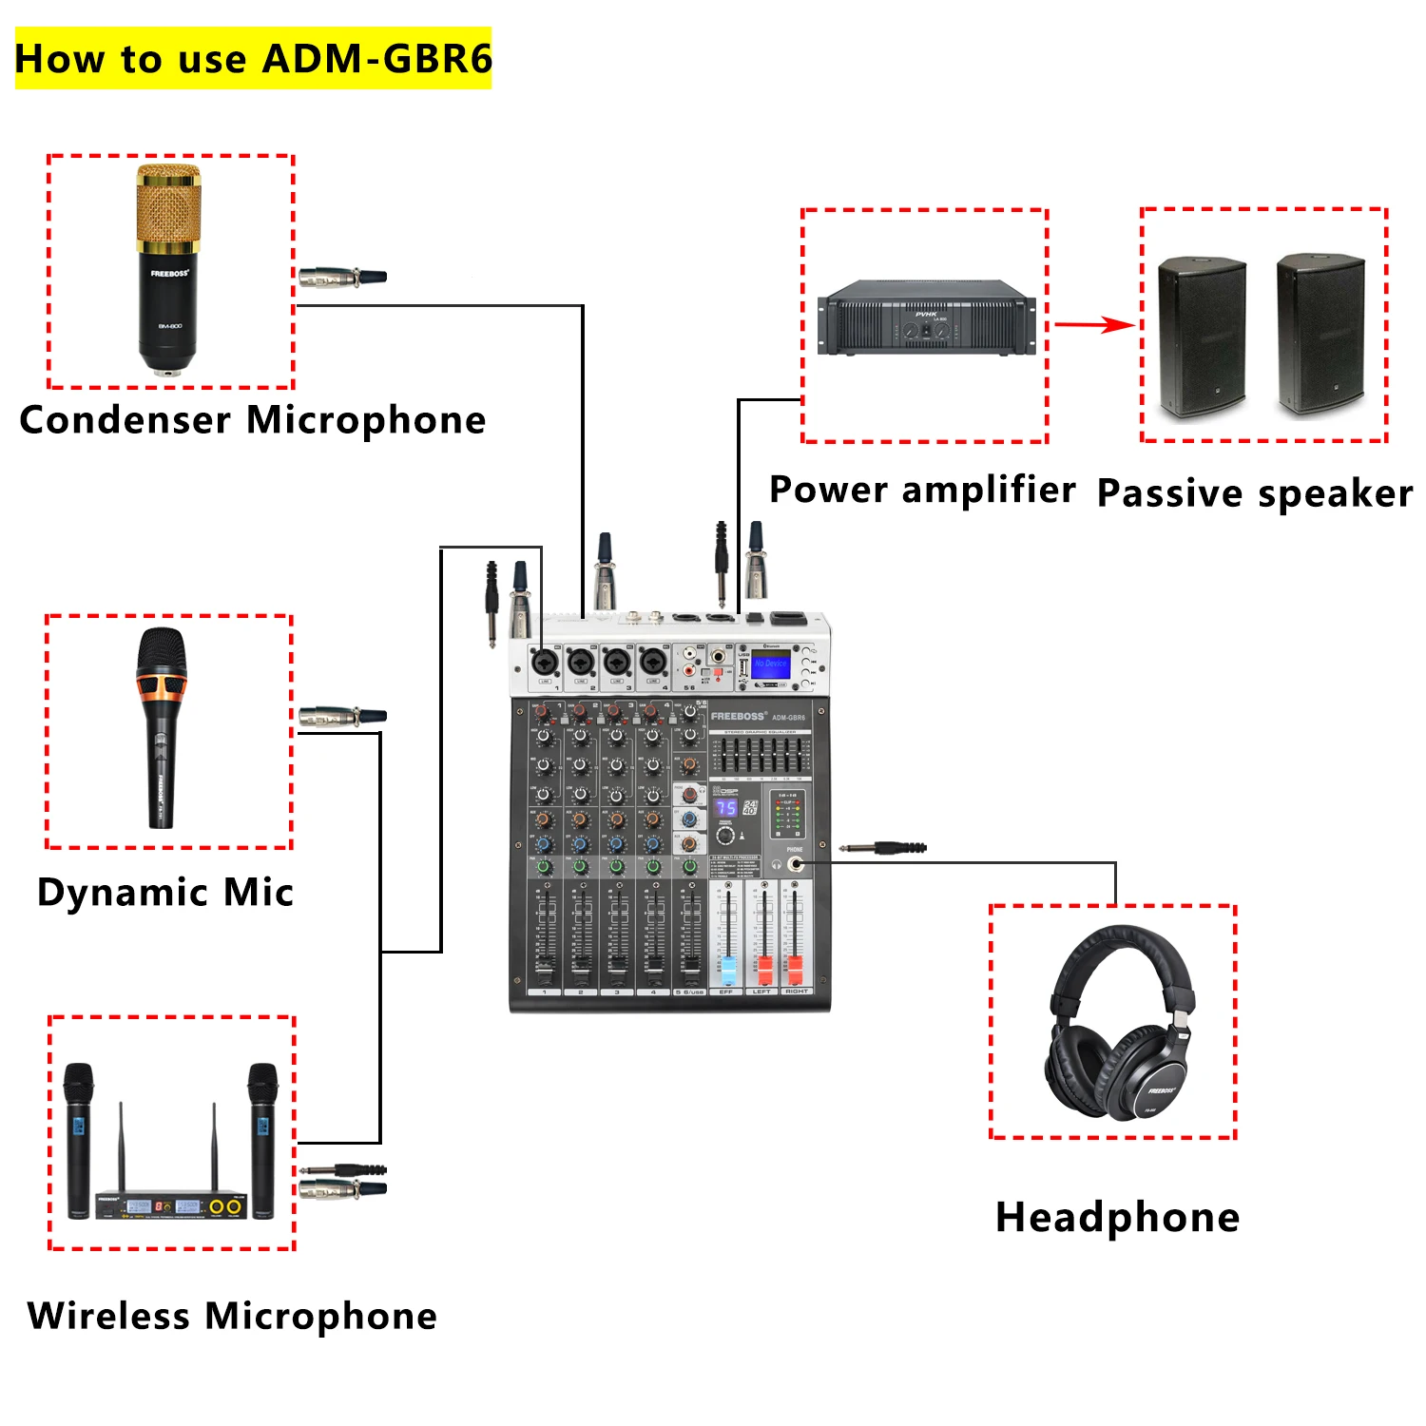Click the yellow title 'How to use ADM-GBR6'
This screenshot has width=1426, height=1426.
click(x=253, y=59)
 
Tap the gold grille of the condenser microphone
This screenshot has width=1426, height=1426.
click(x=168, y=205)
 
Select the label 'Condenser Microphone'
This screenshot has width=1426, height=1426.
click(x=253, y=419)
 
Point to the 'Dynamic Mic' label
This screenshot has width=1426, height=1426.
click(x=165, y=892)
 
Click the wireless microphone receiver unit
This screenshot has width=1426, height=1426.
click(x=171, y=1205)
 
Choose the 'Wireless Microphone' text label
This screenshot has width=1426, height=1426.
click(x=232, y=1316)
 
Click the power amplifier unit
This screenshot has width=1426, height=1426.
click(x=926, y=318)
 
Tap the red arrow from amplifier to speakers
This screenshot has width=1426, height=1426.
click(x=1093, y=325)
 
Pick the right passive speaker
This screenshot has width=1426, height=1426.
click(x=1320, y=334)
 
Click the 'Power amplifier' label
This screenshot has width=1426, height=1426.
click(x=922, y=490)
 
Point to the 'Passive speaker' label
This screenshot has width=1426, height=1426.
click(x=1255, y=493)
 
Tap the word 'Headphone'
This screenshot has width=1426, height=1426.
click(x=1117, y=1217)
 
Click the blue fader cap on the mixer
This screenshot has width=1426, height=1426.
click(x=727, y=970)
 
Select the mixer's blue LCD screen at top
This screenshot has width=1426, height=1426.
click(x=770, y=665)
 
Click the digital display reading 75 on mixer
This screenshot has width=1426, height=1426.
click(x=726, y=808)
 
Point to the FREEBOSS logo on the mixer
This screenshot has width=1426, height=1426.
click(x=738, y=716)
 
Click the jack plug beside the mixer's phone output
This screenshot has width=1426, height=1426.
click(x=884, y=847)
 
